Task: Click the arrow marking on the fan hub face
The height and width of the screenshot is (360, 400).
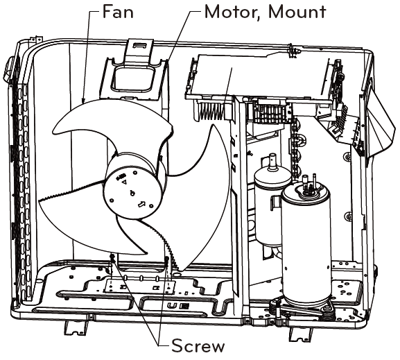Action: [x=141, y=205]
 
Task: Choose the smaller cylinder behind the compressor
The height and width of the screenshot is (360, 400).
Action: [x=267, y=201]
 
